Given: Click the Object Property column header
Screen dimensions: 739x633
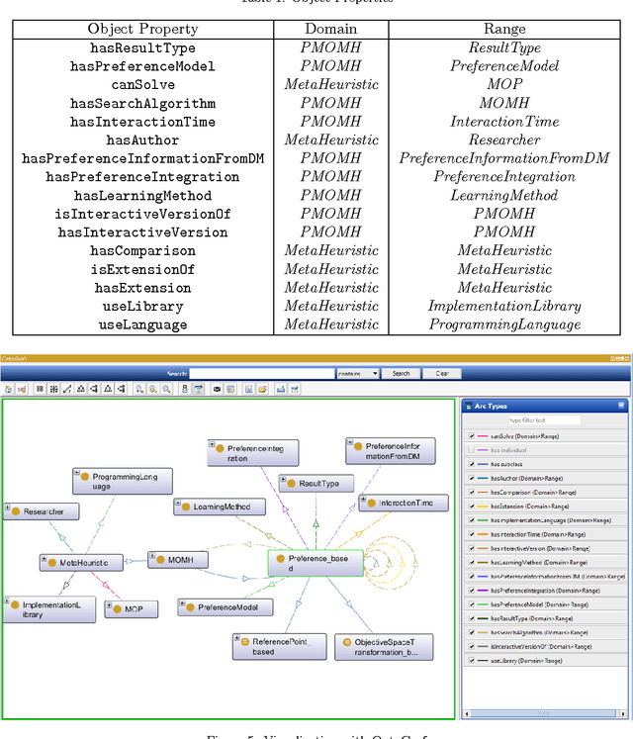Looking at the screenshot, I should coord(142,29).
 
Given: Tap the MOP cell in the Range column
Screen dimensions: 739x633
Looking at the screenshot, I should coord(503,84).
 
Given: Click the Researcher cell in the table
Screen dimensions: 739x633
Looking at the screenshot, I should coord(503,139).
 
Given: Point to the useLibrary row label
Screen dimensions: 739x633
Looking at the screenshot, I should coord(142,306).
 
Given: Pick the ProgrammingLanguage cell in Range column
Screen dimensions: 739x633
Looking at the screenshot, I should coord(503,324).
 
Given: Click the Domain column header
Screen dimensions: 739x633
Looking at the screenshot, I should coord(331,29).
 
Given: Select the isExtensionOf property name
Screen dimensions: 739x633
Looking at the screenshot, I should coord(142,269).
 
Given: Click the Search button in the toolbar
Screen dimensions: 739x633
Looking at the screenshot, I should coord(401,374).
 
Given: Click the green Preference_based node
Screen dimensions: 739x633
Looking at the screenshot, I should coord(308,564).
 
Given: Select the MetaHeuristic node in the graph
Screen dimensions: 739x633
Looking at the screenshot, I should coord(84,562).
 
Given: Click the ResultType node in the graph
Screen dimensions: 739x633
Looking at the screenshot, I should coord(313,483).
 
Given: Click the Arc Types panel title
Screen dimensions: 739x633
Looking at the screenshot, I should coord(492,406).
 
